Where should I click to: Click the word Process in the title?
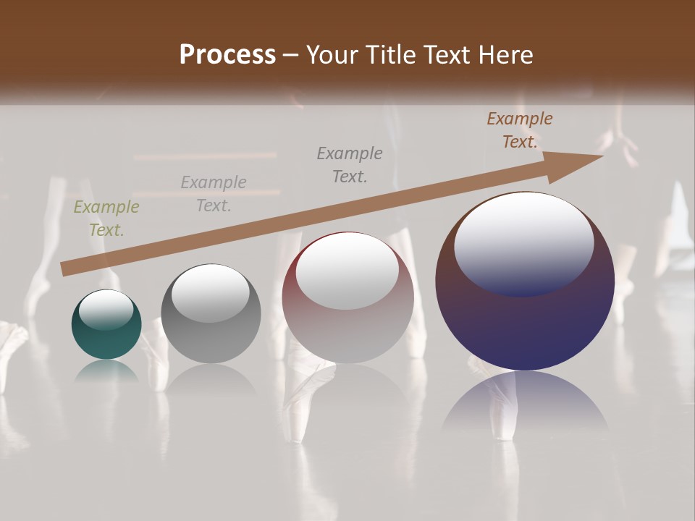[x=227, y=55]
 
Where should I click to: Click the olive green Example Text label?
[x=106, y=219]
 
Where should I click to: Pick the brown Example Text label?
[x=520, y=130]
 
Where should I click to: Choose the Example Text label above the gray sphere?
[x=214, y=194]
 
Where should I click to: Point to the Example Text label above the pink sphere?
[x=350, y=164]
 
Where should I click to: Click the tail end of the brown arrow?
[x=65, y=268]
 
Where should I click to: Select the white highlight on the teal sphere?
[x=106, y=309]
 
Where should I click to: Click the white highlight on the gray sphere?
[x=210, y=292]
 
